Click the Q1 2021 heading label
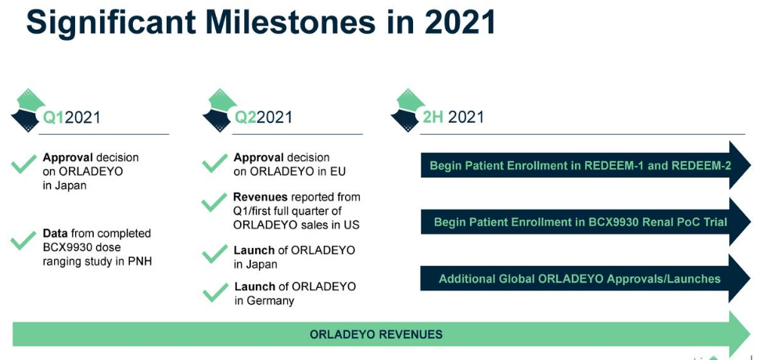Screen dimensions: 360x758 coord(71,117)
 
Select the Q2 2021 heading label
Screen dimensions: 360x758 coord(264,117)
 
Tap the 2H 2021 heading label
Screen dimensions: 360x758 coord(453,117)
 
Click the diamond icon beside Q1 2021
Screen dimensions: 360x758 coord(27,110)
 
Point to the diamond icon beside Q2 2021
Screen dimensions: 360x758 coord(219,110)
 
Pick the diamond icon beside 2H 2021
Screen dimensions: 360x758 coord(408,110)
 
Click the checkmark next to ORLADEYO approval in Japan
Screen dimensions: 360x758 coord(23,164)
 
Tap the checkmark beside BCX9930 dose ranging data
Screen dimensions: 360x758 coord(23,240)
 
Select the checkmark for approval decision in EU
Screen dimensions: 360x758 coord(214,164)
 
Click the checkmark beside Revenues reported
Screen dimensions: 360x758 coord(214,203)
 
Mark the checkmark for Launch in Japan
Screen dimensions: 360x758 coord(214,256)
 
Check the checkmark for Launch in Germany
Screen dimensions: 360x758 coord(214,293)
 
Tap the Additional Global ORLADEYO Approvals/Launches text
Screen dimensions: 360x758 coord(579,279)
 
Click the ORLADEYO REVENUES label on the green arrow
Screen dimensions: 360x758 coord(375,334)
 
